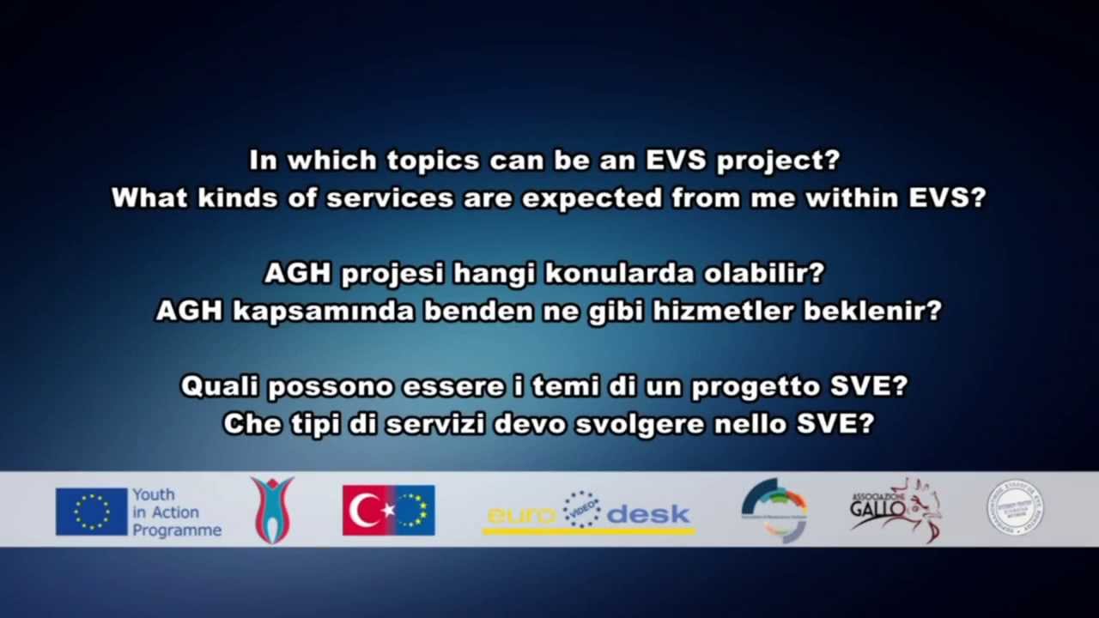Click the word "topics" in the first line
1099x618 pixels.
coord(433,161)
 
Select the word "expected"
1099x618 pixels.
coord(592,198)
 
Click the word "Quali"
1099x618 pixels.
coord(219,386)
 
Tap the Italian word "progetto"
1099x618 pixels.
coord(756,386)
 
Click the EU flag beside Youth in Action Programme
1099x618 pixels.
coord(91,512)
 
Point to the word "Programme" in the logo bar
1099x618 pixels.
coord(176,530)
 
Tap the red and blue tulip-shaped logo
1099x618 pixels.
coord(272,511)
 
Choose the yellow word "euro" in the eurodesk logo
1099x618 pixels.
coord(521,515)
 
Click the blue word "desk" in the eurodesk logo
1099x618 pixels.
coord(648,515)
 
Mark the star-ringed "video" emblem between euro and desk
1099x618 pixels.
coord(581,509)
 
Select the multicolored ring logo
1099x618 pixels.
coord(774,511)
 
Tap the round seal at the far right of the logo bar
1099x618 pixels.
coord(1014,508)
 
